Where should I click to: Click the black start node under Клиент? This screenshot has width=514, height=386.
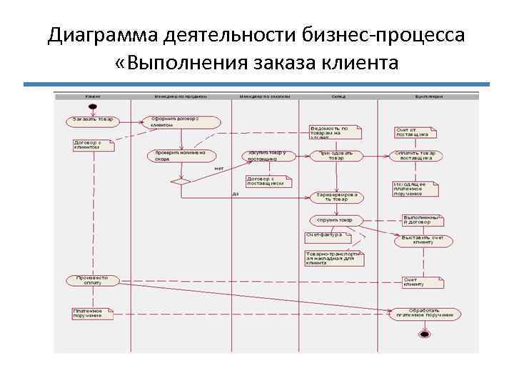92,107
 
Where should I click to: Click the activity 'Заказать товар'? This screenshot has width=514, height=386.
92,119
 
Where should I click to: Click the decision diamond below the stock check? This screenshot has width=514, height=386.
181,182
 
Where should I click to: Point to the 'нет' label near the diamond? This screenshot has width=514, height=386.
218,169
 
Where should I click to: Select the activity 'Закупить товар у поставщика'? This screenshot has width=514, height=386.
267,155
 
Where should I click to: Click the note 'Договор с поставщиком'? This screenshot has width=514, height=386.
268,182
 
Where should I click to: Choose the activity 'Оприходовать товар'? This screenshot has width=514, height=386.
336,155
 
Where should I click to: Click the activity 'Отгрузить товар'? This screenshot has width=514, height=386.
336,220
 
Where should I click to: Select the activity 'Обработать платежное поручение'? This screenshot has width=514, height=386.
425,313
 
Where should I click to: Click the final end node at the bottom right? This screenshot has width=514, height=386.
425,333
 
